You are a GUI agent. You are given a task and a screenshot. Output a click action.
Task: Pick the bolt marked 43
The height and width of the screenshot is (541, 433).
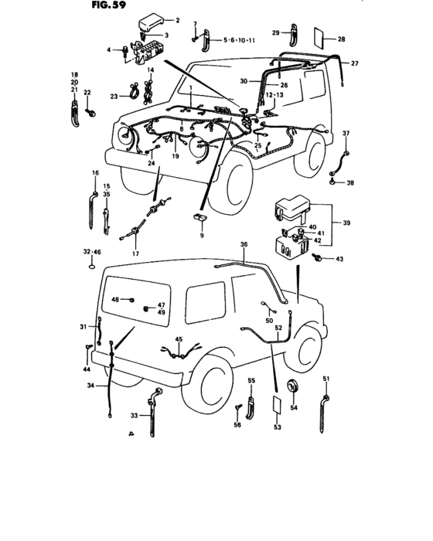(318, 258)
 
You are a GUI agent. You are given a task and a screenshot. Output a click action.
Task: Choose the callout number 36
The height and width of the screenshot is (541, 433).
(244, 245)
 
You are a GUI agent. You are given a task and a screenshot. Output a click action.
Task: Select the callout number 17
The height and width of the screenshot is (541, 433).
(135, 253)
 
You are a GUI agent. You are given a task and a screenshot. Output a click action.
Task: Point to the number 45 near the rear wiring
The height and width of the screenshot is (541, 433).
(179, 339)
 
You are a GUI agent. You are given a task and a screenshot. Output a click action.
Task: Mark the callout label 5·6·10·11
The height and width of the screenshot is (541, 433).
(239, 38)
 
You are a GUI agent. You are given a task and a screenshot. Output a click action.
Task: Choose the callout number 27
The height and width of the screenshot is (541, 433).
(355, 63)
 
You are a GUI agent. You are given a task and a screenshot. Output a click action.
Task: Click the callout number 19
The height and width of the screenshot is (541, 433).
(176, 156)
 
